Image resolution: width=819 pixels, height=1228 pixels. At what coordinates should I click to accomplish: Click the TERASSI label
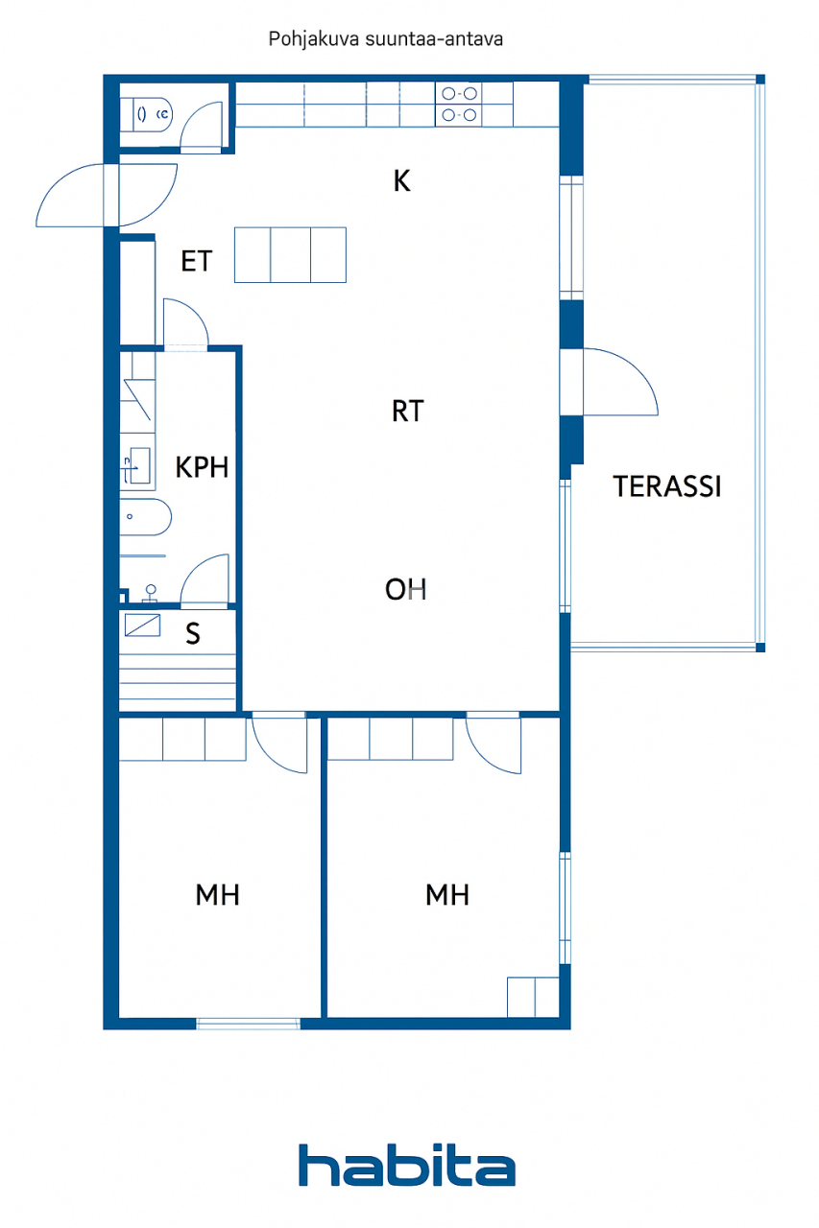(x=667, y=486)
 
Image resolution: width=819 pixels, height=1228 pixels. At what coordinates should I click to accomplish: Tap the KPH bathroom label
(x=202, y=467)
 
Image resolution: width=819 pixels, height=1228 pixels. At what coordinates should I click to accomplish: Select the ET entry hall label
(x=196, y=261)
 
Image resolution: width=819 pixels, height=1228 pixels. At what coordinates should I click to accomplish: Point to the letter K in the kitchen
(x=402, y=180)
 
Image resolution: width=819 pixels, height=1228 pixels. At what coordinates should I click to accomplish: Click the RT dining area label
(x=407, y=412)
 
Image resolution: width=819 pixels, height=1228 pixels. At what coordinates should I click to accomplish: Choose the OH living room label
(x=405, y=589)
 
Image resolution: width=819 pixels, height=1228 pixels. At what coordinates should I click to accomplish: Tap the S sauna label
(x=193, y=633)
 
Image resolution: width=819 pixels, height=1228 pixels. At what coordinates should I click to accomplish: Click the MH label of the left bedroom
(x=217, y=895)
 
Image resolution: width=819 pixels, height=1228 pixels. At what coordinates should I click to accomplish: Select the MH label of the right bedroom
(x=447, y=895)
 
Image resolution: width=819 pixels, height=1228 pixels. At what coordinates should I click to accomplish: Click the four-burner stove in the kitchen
(x=458, y=105)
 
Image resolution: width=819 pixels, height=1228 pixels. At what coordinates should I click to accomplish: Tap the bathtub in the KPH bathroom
(x=146, y=516)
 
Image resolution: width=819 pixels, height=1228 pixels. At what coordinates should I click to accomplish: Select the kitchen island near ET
(x=290, y=255)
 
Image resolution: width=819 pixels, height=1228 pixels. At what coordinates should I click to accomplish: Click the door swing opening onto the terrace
(x=619, y=382)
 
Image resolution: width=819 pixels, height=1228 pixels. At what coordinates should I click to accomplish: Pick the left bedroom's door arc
(x=278, y=744)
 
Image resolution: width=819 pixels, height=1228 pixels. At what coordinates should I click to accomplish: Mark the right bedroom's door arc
(x=494, y=744)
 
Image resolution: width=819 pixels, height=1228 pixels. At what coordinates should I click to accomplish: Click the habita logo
(x=406, y=1166)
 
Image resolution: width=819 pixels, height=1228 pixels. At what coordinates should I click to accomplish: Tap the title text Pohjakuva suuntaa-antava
(x=386, y=39)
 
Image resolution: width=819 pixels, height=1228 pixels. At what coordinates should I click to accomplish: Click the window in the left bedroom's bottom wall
(x=248, y=1024)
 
